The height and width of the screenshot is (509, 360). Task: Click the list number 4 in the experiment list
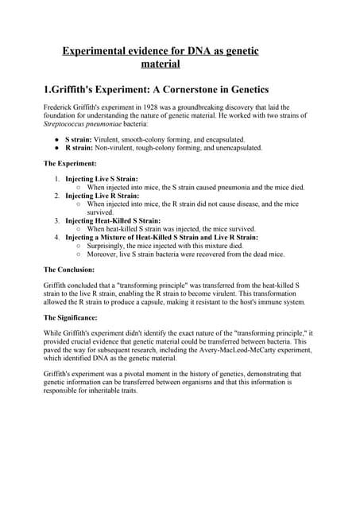click(x=57, y=237)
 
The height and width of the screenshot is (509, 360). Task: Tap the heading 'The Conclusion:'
click(x=72, y=270)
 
